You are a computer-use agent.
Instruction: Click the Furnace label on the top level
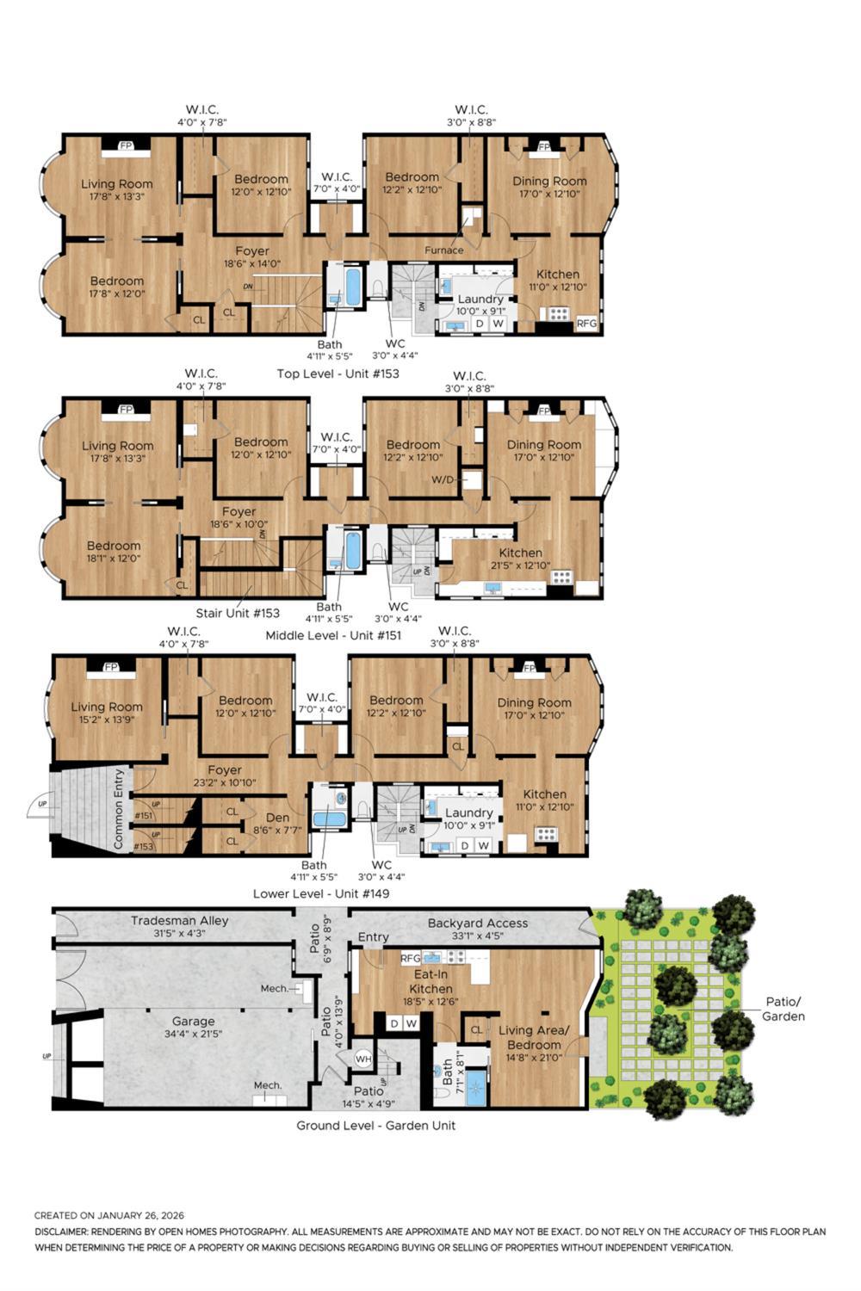coord(443,250)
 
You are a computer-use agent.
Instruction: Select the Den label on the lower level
coord(277,818)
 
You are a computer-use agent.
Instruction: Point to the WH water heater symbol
coord(363,1059)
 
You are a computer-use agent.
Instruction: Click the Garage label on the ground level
coord(193,1022)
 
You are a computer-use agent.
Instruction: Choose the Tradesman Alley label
coord(179,920)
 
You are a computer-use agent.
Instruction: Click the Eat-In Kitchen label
coord(431,982)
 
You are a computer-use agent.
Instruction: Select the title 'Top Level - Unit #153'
coord(338,374)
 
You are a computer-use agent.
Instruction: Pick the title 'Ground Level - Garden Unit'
coord(375,1125)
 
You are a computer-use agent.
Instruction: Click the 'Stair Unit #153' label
coord(238,613)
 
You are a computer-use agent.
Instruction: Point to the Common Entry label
coord(119,809)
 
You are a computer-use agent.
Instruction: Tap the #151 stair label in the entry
coord(143,816)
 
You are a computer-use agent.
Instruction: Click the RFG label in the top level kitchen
coord(586,324)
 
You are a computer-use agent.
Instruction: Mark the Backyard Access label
coord(477,923)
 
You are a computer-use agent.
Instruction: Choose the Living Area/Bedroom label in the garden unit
coord(533,1037)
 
